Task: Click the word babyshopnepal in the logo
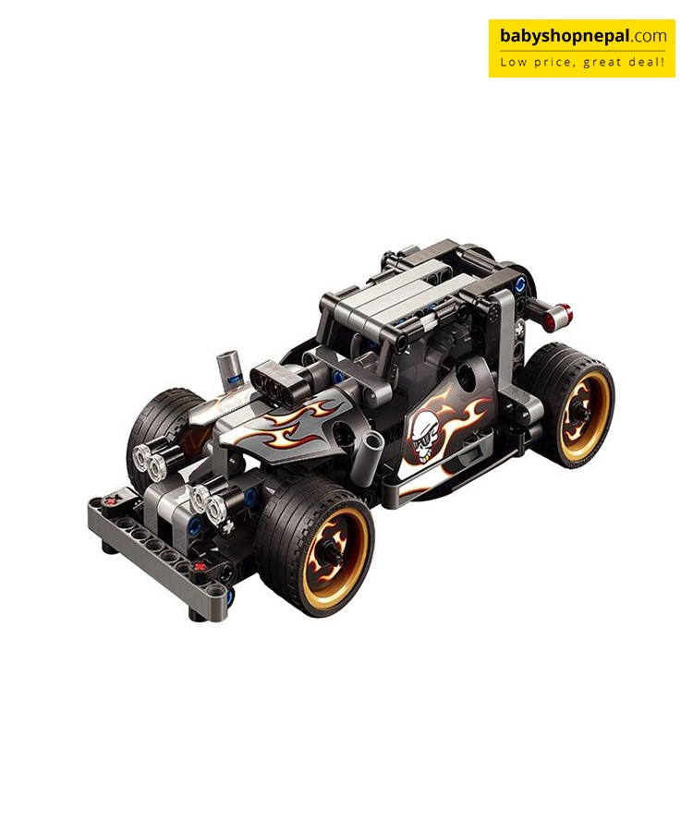(565, 36)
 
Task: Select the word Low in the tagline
(513, 62)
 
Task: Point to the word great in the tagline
(602, 63)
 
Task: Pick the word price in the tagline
(553, 63)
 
